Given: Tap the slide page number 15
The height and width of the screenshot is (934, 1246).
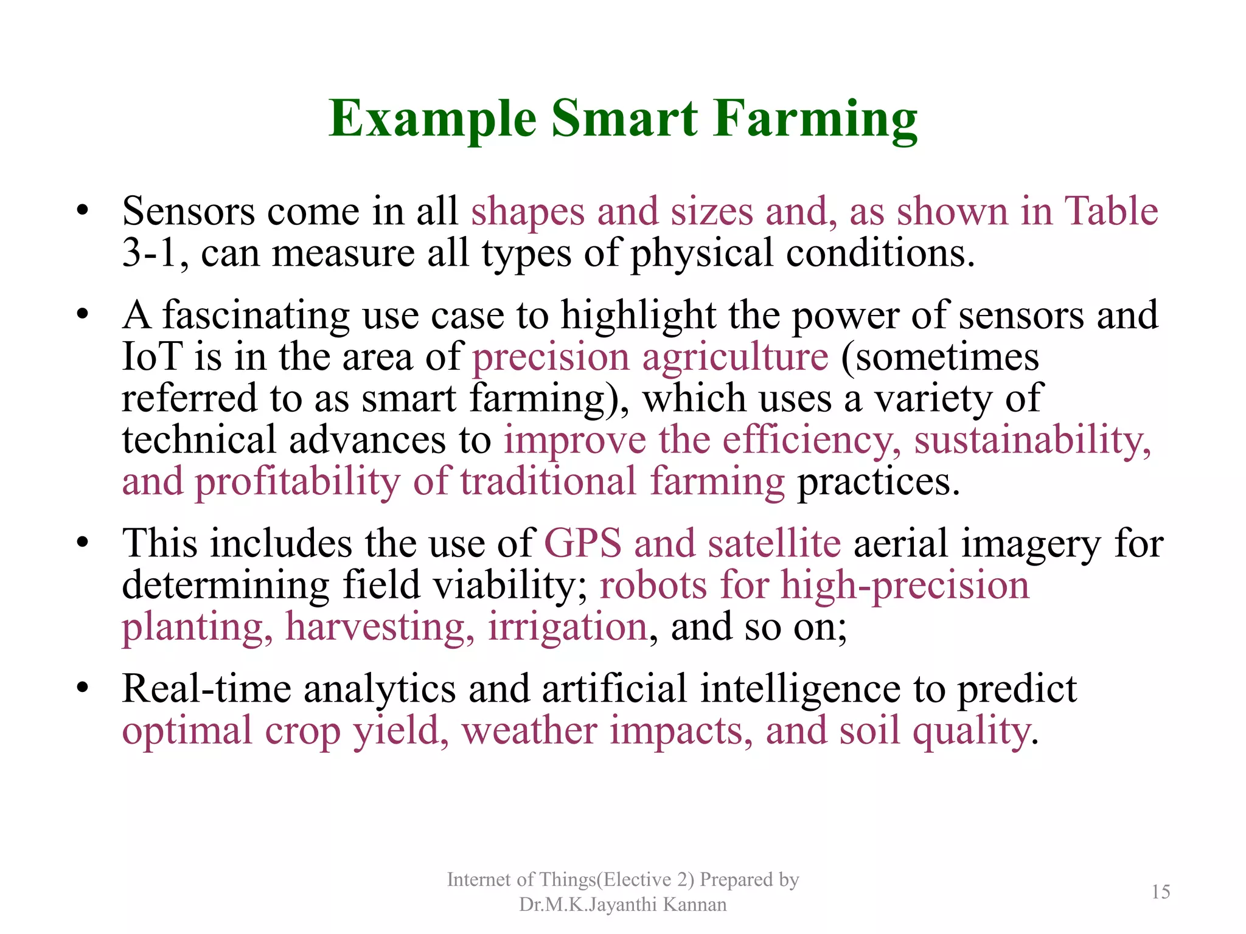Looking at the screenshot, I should tap(1160, 892).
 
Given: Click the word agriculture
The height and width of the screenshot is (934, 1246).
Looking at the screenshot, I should tap(735, 358).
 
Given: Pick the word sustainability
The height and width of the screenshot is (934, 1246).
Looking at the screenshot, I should tap(1032, 440).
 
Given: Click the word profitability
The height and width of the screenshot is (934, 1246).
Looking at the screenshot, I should tap(297, 482).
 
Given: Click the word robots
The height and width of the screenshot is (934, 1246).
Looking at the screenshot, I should tap(653, 585).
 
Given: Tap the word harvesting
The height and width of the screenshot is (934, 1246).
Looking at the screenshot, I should tap(380, 626).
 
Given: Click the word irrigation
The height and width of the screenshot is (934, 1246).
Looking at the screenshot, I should tap(567, 626).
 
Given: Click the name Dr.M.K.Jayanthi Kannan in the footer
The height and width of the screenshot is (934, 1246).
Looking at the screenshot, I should tap(622, 905).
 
